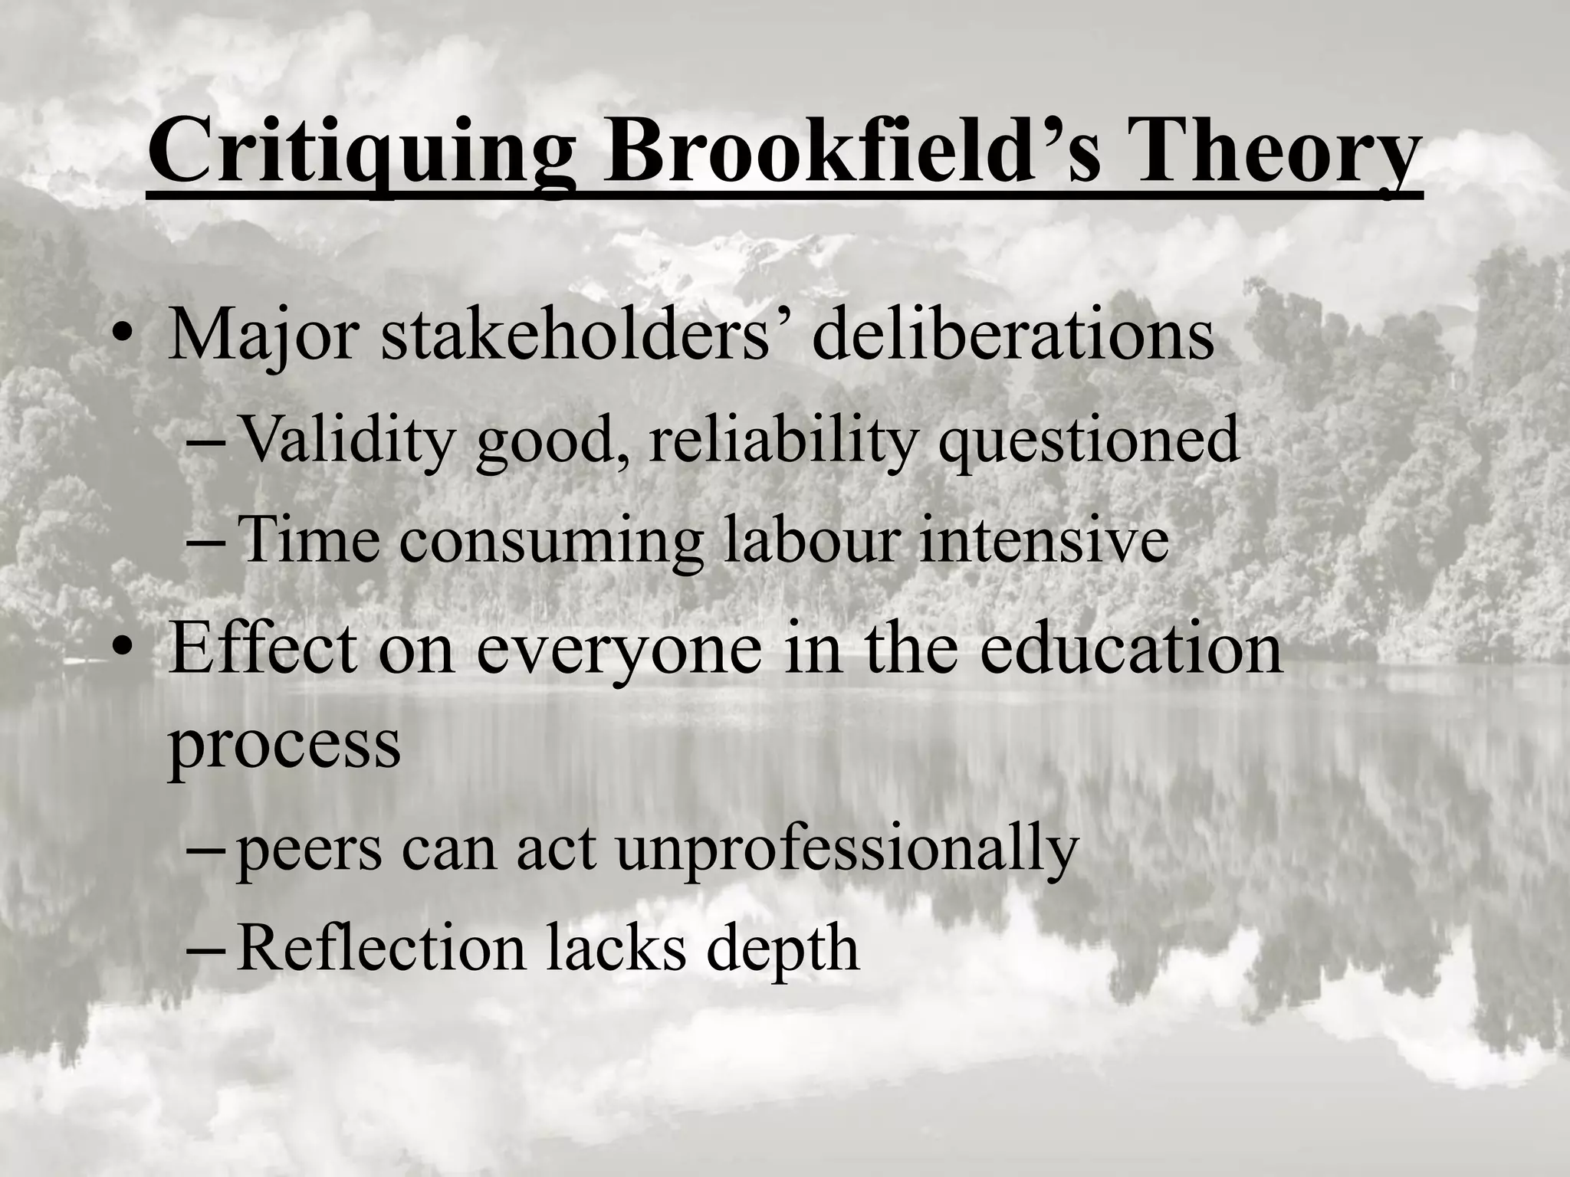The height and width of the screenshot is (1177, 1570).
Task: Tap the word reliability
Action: (x=782, y=440)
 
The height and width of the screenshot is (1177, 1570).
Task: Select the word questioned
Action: (x=1089, y=440)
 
